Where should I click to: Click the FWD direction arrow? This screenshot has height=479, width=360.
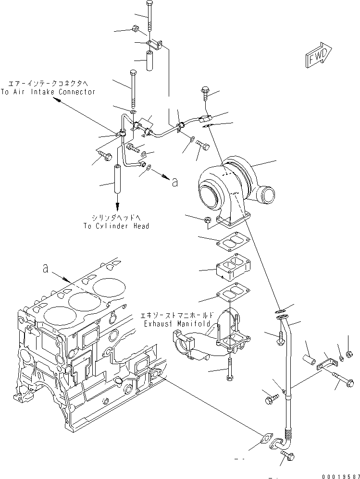pyautogui.click(x=318, y=55)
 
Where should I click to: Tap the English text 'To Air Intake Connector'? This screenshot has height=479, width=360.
pyautogui.click(x=48, y=92)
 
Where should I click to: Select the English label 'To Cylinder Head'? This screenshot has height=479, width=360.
pyautogui.click(x=116, y=226)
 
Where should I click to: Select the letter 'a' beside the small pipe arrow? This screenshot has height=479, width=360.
pyautogui.click(x=174, y=182)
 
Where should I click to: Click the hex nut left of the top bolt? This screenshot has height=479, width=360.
pyautogui.click(x=136, y=30)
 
